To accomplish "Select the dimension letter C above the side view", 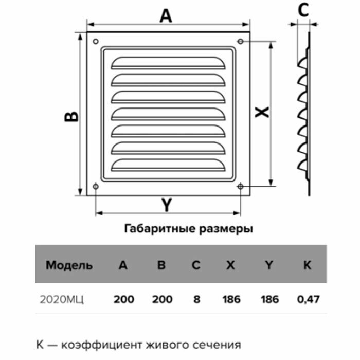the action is [303, 10].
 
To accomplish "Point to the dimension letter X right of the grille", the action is [262, 112].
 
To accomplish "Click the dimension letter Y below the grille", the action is [166, 206].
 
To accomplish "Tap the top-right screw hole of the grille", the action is [241, 41].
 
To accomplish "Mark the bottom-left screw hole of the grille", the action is [96, 186].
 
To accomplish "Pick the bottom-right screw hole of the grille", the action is [241, 186].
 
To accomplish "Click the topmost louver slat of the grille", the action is [169, 62].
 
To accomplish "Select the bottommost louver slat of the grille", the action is [169, 165].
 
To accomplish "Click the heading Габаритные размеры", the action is [189, 229].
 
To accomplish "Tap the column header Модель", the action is [69, 266].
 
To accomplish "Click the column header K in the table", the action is [308, 266].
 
